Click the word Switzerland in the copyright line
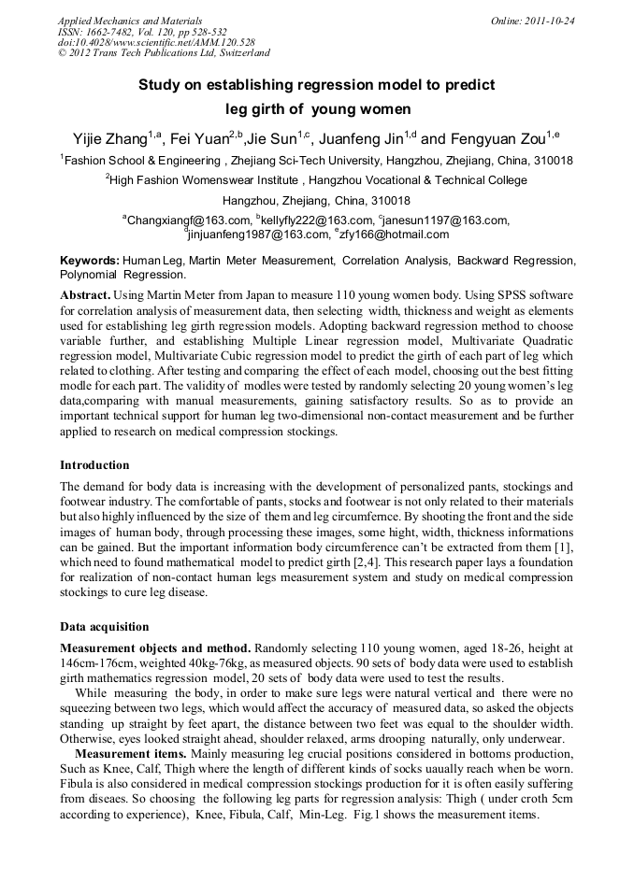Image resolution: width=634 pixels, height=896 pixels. pos(237,54)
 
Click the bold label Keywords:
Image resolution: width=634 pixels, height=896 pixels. pos(90,260)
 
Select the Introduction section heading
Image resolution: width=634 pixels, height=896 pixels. pos(94,464)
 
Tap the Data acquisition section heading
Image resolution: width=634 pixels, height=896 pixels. pos(104,626)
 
